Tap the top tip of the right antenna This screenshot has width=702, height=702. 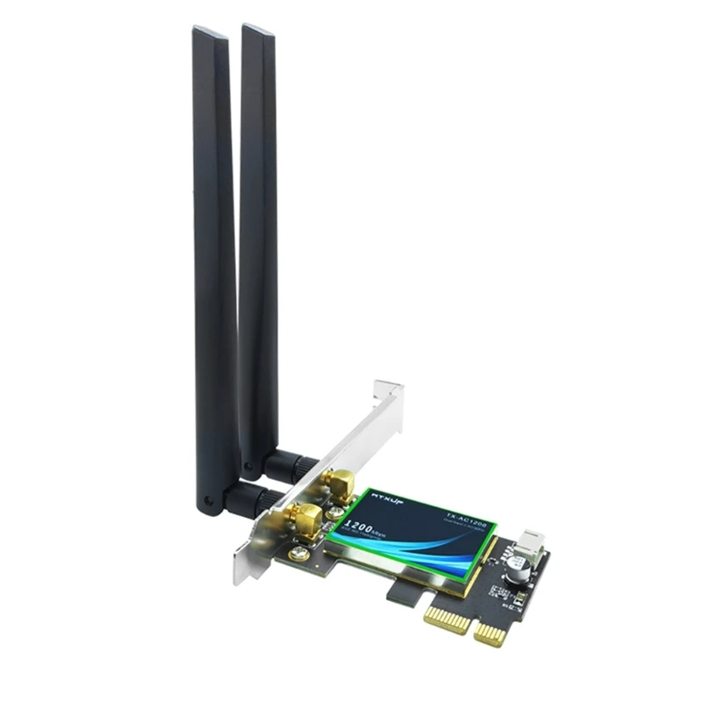coord(256,29)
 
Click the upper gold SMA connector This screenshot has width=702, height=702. coord(338,482)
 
